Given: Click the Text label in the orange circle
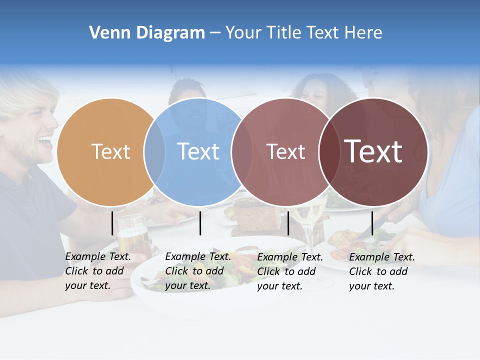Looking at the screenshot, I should (110, 151).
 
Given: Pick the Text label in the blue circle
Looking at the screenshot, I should (198, 151).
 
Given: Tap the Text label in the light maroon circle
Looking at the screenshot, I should (285, 151).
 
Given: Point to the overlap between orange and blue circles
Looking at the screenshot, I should (154, 152).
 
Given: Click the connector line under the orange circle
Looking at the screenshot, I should (112, 223).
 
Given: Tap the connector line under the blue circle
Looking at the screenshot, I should (200, 223).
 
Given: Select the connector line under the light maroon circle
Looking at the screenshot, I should (288, 223).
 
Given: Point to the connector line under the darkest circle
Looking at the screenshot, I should (372, 223).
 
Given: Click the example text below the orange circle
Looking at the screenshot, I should (97, 271).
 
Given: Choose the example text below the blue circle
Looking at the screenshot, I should (197, 271).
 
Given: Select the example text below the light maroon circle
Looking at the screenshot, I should (289, 271).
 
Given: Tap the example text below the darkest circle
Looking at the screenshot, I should (381, 271).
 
